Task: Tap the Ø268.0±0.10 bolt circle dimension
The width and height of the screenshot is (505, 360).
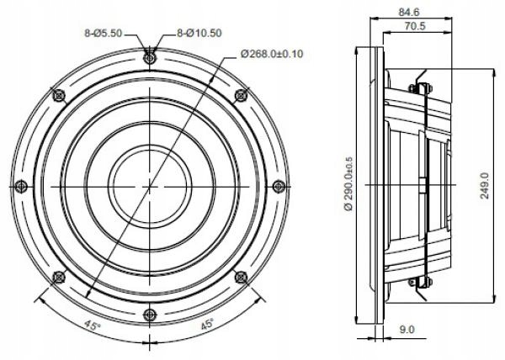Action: coord(271,54)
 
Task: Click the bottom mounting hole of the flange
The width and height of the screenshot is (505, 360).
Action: coord(150,314)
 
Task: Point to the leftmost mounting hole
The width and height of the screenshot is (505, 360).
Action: coord(22,186)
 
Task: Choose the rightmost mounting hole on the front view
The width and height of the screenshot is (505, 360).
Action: coord(278,186)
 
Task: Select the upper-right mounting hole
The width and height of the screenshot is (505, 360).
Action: coord(241,95)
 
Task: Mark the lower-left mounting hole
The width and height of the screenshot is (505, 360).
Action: coord(59,276)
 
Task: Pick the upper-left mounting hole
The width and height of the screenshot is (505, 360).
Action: coord(59,95)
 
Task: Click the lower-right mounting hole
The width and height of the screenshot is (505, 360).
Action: coord(241,276)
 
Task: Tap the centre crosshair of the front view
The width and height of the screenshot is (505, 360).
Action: coord(150,186)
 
